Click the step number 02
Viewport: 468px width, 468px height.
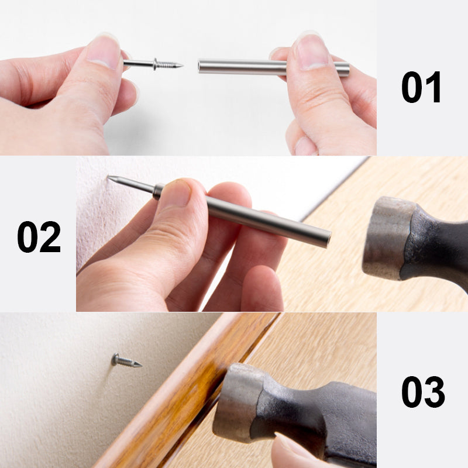click(39, 236)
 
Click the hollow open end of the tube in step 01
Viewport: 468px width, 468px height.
click(200, 66)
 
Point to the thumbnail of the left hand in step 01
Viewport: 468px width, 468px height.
click(104, 51)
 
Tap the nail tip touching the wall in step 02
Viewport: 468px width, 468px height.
click(109, 177)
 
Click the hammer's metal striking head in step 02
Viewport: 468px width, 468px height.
click(383, 236)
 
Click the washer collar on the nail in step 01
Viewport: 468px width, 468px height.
click(156, 64)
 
